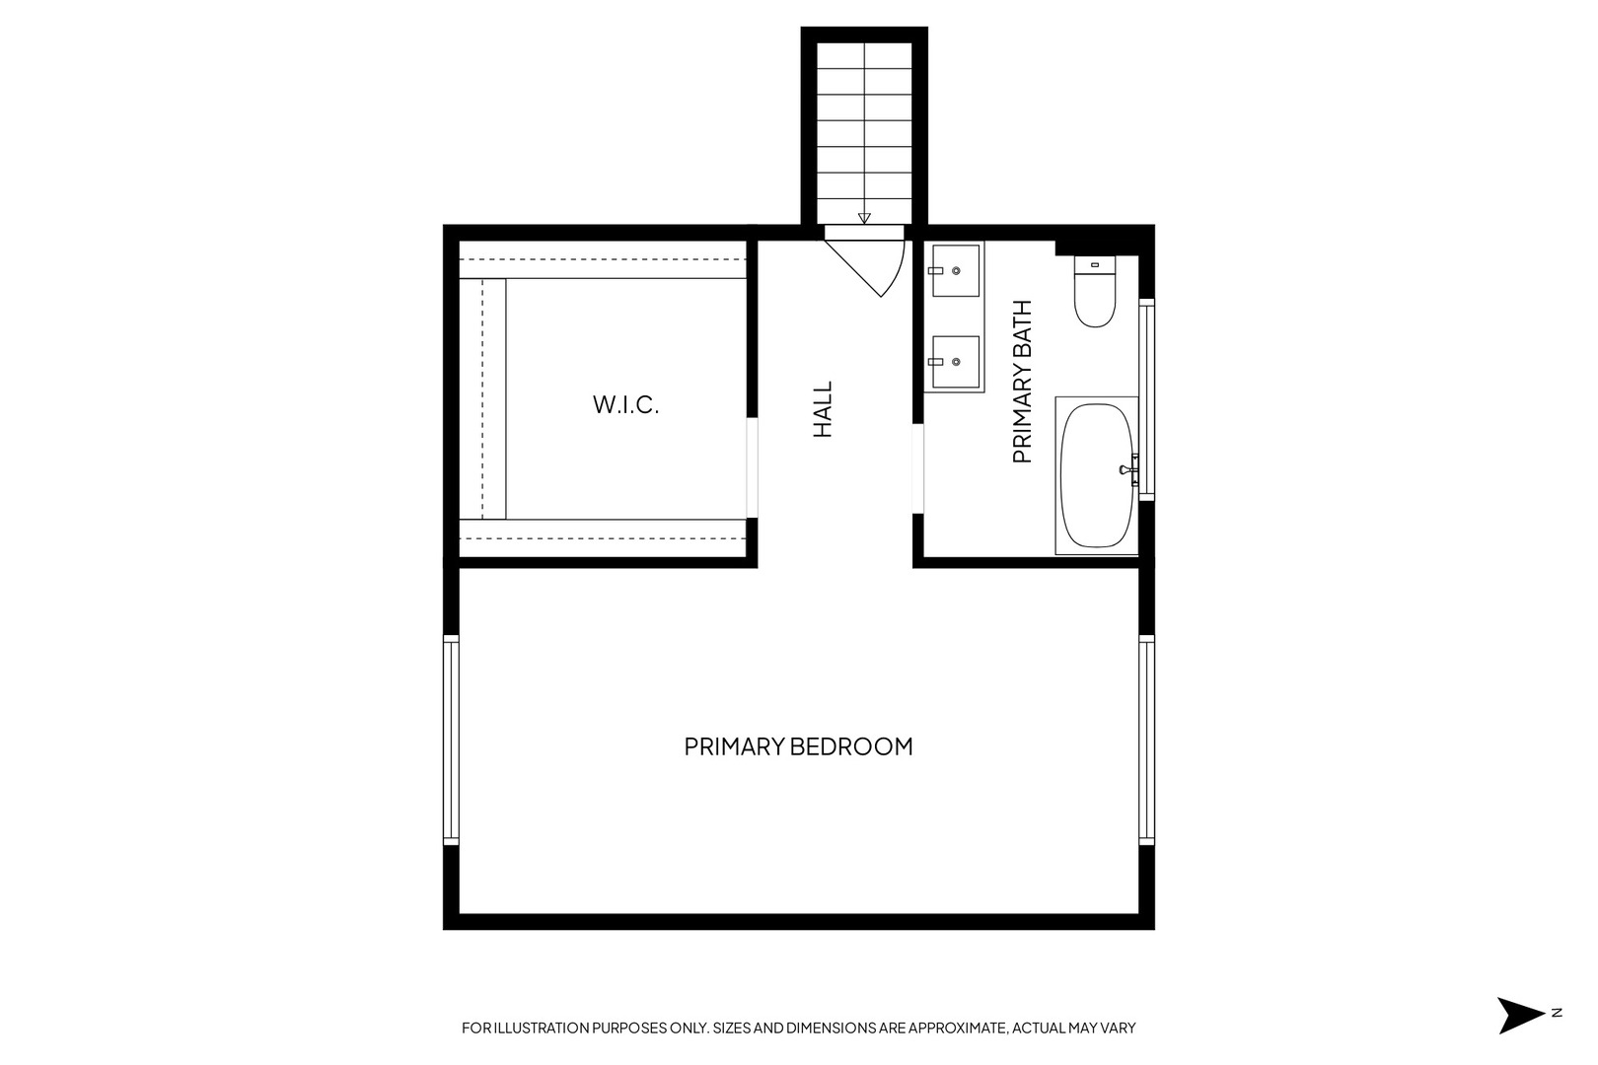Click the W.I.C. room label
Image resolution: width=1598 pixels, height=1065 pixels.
(x=625, y=404)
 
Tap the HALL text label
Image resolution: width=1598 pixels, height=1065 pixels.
(x=823, y=410)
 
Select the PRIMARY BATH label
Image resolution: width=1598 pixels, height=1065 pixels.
(x=1022, y=382)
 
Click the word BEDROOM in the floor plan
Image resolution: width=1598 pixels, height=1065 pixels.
(x=854, y=746)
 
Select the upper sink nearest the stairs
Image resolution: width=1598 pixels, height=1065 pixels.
(x=955, y=270)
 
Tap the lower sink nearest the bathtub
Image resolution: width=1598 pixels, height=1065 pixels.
(x=955, y=362)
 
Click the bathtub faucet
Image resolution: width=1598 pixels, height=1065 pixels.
(x=1127, y=469)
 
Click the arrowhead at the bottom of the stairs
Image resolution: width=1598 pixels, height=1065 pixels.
(x=864, y=219)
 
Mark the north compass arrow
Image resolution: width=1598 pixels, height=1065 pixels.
(x=1518, y=1015)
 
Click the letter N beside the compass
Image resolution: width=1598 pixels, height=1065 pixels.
(x=1556, y=1013)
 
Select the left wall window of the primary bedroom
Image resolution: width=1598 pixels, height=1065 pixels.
(x=452, y=740)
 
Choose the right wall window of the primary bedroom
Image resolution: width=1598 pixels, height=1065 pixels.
(x=1146, y=740)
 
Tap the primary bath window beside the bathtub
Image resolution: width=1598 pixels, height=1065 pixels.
(x=1146, y=399)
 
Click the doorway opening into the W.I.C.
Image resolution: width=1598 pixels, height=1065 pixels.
(x=752, y=468)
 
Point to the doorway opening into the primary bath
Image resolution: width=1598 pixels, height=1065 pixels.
(x=917, y=468)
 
